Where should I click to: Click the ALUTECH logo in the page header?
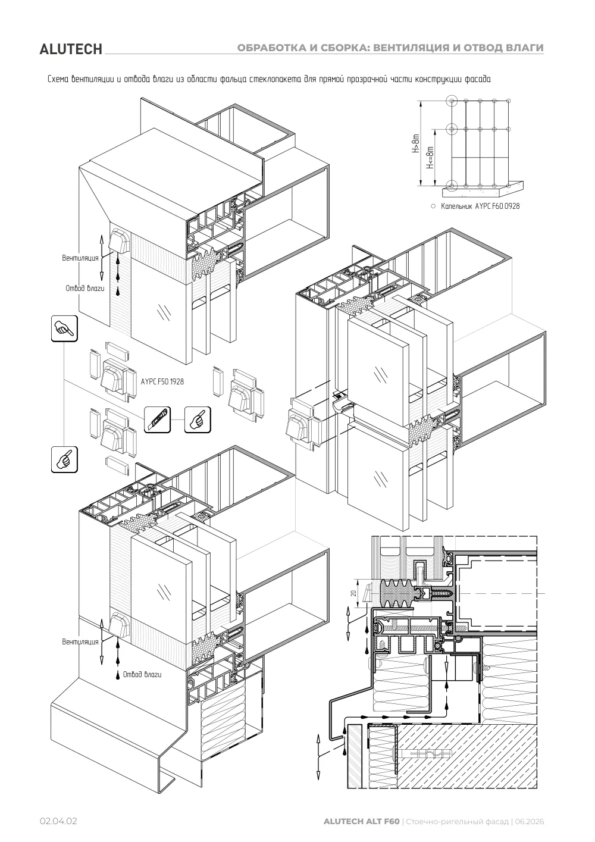tap(71, 49)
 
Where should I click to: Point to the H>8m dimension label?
tap(415, 143)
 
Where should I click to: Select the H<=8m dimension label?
tap(430, 158)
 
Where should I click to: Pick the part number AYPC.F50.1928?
tap(162, 381)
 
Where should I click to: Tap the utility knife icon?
tap(158, 420)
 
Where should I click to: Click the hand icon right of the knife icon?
tap(198, 420)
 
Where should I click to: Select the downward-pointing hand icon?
tap(64, 328)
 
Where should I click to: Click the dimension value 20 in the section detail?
tap(353, 593)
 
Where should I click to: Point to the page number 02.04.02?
tap(58, 832)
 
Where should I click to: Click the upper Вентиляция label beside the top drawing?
tap(80, 258)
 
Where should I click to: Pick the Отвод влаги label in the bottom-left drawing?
tap(142, 674)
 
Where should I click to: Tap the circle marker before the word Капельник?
tap(433, 206)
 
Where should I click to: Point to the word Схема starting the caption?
tap(58, 79)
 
